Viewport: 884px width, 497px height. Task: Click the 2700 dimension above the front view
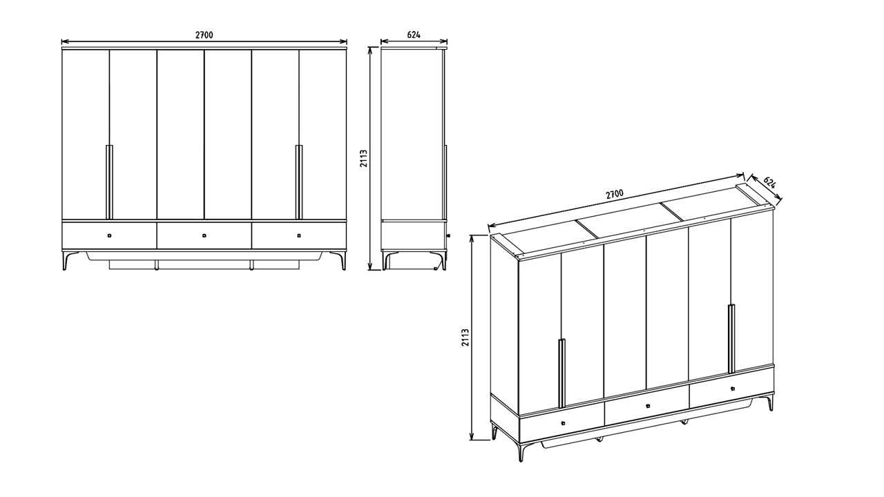[x=204, y=35]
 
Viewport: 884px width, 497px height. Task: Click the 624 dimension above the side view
[x=414, y=35]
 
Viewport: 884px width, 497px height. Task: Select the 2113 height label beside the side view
[x=363, y=159]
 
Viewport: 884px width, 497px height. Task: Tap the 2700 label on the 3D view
[x=615, y=194]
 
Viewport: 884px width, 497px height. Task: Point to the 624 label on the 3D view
[x=770, y=183]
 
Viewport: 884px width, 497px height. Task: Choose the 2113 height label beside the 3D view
[x=465, y=338]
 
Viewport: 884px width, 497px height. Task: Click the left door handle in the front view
[x=109, y=182]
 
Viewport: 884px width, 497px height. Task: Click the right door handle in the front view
[x=299, y=182]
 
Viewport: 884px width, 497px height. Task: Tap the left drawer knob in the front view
[x=109, y=235]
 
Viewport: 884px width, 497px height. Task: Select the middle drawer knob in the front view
[x=204, y=235]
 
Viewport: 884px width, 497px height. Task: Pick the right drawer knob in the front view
[x=299, y=235]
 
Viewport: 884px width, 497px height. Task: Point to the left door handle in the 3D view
[x=561, y=373]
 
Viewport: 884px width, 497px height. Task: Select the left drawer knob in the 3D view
[x=563, y=423]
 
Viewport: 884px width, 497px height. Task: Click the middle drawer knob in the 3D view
[x=648, y=405]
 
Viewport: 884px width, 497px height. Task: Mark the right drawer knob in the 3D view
[x=733, y=389]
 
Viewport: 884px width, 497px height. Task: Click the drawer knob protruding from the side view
[x=449, y=235]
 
